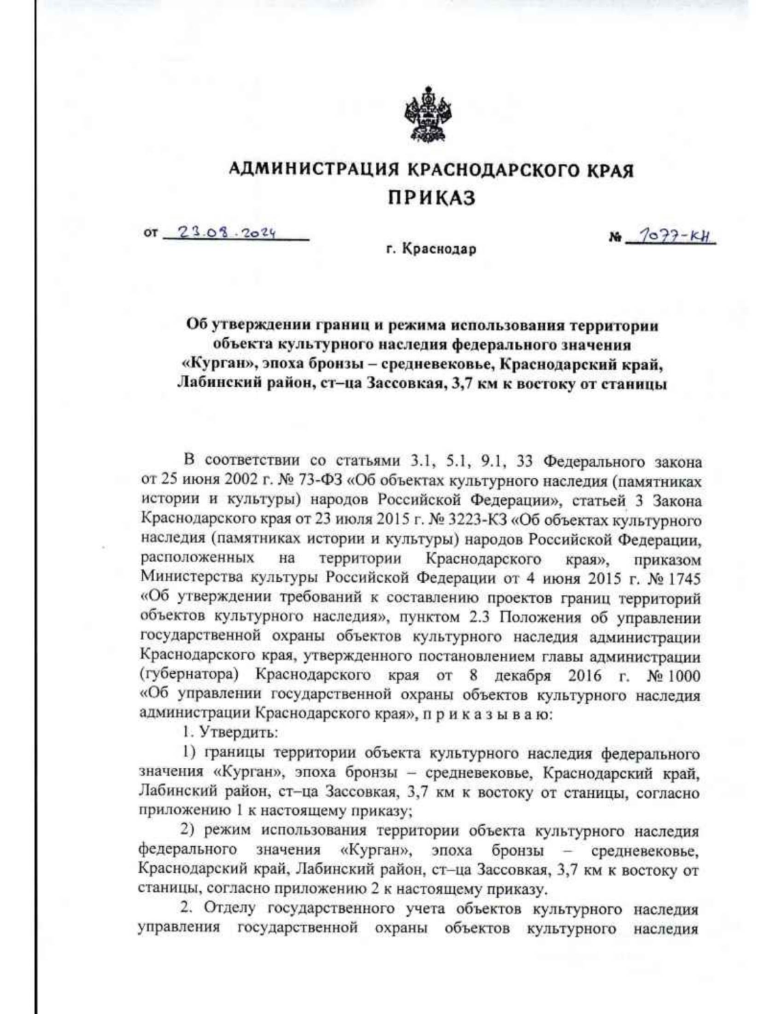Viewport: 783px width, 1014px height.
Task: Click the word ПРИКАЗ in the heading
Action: point(431,198)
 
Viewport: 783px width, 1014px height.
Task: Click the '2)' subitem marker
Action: point(189,831)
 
